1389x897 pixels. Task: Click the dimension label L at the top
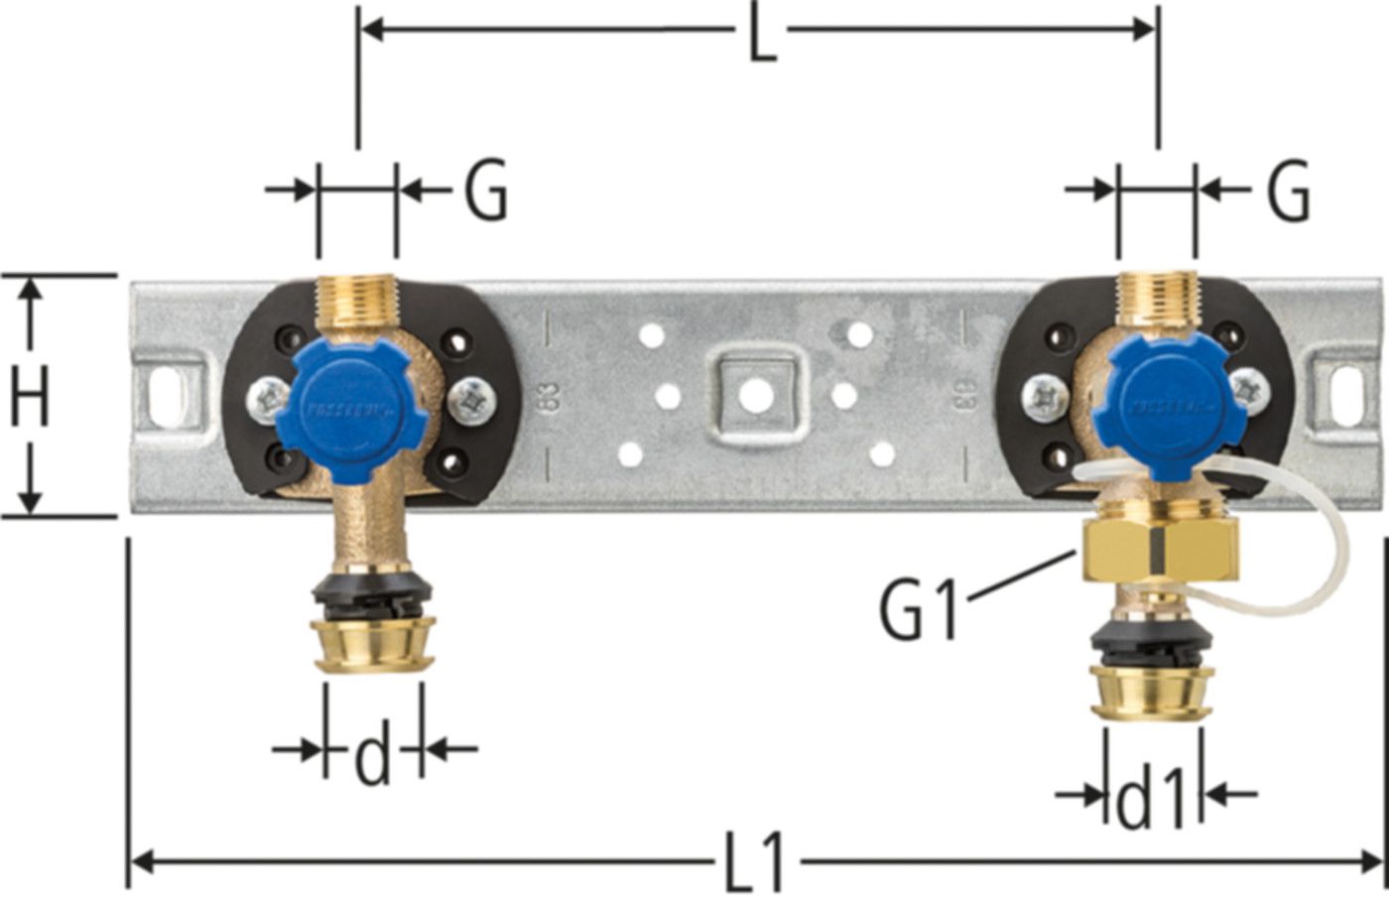(760, 35)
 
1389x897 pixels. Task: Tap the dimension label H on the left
(30, 395)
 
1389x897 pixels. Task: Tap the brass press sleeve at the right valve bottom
(1149, 691)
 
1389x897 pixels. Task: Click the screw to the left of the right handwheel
(1046, 397)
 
